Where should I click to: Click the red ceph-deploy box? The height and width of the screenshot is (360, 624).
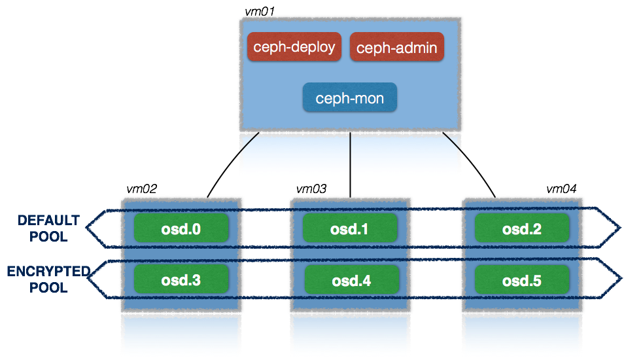coord(294,47)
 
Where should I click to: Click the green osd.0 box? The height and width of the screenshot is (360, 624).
coord(181,228)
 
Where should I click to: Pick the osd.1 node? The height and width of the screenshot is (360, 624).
coord(349,228)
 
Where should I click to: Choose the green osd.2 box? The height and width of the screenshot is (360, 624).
coord(521,228)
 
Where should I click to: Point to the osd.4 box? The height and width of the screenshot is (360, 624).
coord(351,280)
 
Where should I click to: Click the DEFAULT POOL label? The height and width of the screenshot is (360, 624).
coord(48,228)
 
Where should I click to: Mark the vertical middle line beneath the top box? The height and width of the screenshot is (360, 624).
coord(351,155)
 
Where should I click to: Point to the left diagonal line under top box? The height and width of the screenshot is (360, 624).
coord(250,142)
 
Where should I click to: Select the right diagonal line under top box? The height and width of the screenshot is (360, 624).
coord(452,142)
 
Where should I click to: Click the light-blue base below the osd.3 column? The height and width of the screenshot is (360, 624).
coord(181,335)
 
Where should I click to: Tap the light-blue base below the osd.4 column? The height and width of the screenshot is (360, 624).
coord(351,335)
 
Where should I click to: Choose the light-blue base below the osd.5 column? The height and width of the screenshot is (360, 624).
coord(521,335)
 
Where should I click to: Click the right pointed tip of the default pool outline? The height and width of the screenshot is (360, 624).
coord(618,228)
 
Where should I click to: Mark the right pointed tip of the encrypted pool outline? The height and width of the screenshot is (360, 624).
coord(618,279)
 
